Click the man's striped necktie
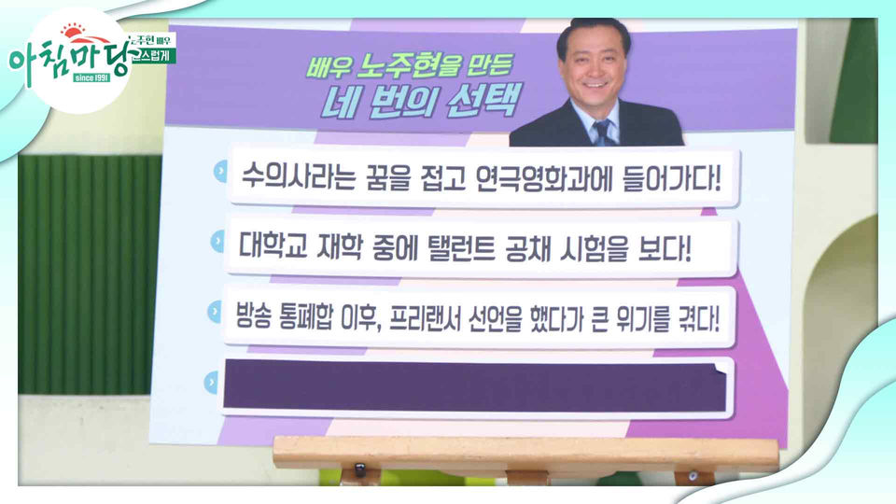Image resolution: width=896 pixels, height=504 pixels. [602, 132]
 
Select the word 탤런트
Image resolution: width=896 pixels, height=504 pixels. [449, 249]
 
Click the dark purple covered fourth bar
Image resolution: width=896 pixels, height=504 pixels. [474, 385]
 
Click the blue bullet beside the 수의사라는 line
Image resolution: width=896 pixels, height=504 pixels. [219, 172]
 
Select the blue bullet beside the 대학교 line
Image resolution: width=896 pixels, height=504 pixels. [217, 243]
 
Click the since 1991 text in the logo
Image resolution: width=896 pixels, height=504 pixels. [91, 77]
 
